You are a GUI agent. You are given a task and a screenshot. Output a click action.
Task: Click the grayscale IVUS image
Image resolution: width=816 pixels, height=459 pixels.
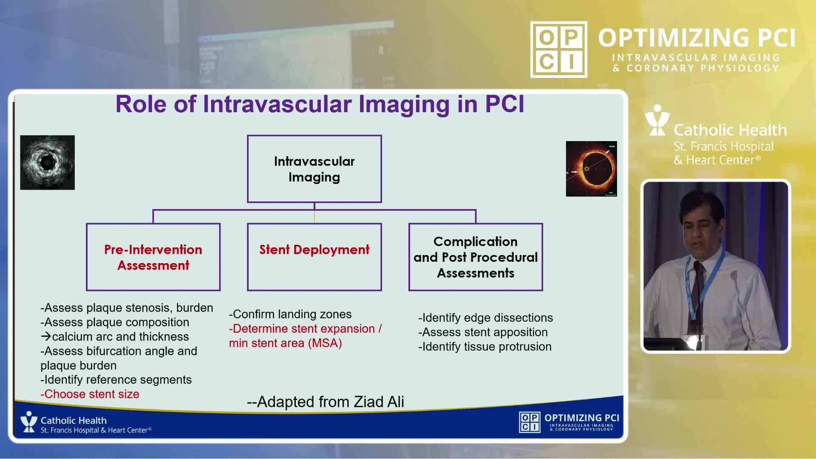pyautogui.click(x=48, y=162)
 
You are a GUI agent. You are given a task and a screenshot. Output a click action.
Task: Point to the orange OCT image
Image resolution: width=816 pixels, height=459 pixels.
pyautogui.click(x=591, y=169)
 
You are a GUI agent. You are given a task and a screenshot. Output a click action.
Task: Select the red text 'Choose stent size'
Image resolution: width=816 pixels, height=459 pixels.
pyautogui.click(x=90, y=394)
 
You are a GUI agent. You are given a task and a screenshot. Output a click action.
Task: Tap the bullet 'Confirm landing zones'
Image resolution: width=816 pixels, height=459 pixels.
pyautogui.click(x=290, y=314)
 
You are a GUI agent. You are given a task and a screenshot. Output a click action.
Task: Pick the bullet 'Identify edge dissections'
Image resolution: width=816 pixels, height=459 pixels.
pyautogui.click(x=485, y=318)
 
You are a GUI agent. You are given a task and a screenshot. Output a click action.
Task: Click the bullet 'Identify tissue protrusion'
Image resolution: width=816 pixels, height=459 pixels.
pyautogui.click(x=485, y=347)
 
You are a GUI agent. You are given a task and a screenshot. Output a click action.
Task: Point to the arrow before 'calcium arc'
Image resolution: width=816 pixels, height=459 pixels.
pyautogui.click(x=46, y=337)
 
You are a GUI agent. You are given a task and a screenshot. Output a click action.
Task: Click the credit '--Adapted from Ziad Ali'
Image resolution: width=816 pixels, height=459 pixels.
pyautogui.click(x=326, y=402)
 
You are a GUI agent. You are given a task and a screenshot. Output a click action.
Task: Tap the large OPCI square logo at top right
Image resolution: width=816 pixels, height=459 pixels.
pyautogui.click(x=559, y=50)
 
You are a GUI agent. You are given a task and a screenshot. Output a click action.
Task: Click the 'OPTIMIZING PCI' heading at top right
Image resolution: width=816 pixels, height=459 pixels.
pyautogui.click(x=697, y=38)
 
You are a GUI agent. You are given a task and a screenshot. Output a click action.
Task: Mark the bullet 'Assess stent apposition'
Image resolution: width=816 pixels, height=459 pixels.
pyautogui.click(x=483, y=332)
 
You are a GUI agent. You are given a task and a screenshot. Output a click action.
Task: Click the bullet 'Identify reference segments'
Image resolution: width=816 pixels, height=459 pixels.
pyautogui.click(x=116, y=380)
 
